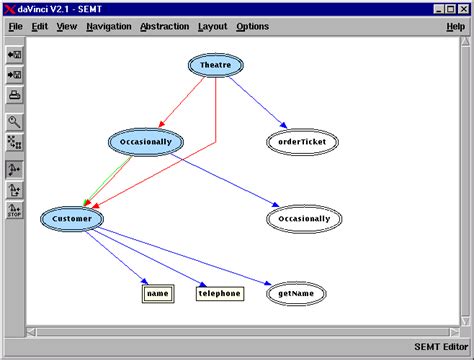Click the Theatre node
pos(216,65)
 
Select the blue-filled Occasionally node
pos(146,142)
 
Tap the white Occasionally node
pos(304,218)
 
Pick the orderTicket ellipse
pos(303,142)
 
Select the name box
pos(157,294)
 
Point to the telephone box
pos(219,294)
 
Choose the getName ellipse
pos(297,294)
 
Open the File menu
pos(16,26)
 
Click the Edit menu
pos(40,26)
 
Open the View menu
pos(67,26)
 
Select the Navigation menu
pos(109,26)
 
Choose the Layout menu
pos(212,26)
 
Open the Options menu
pos(252,26)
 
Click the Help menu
pos(455,26)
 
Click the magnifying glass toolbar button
pos(15,122)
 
